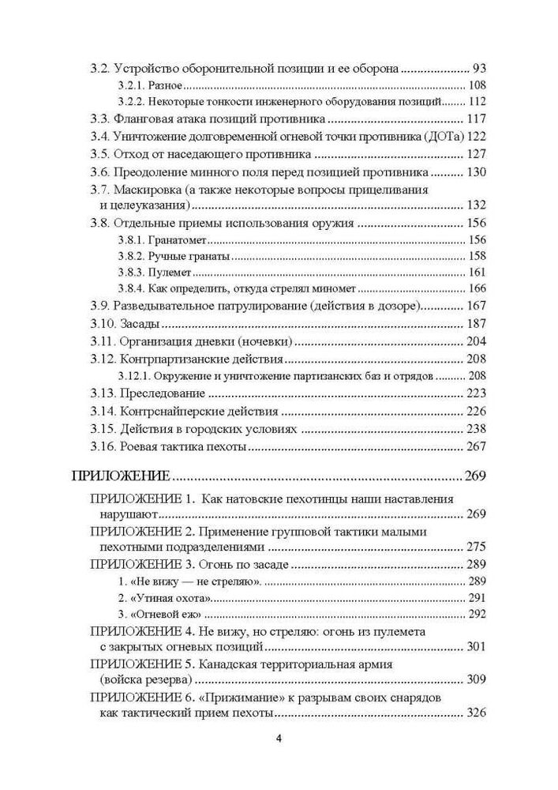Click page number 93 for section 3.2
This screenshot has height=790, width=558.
tap(481, 68)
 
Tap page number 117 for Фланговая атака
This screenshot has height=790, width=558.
tap(477, 119)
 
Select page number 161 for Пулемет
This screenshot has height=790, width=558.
tap(477, 273)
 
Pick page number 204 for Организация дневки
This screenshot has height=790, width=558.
tap(477, 342)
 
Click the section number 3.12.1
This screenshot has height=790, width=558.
tap(134, 376)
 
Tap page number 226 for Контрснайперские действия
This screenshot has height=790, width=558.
tap(477, 412)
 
